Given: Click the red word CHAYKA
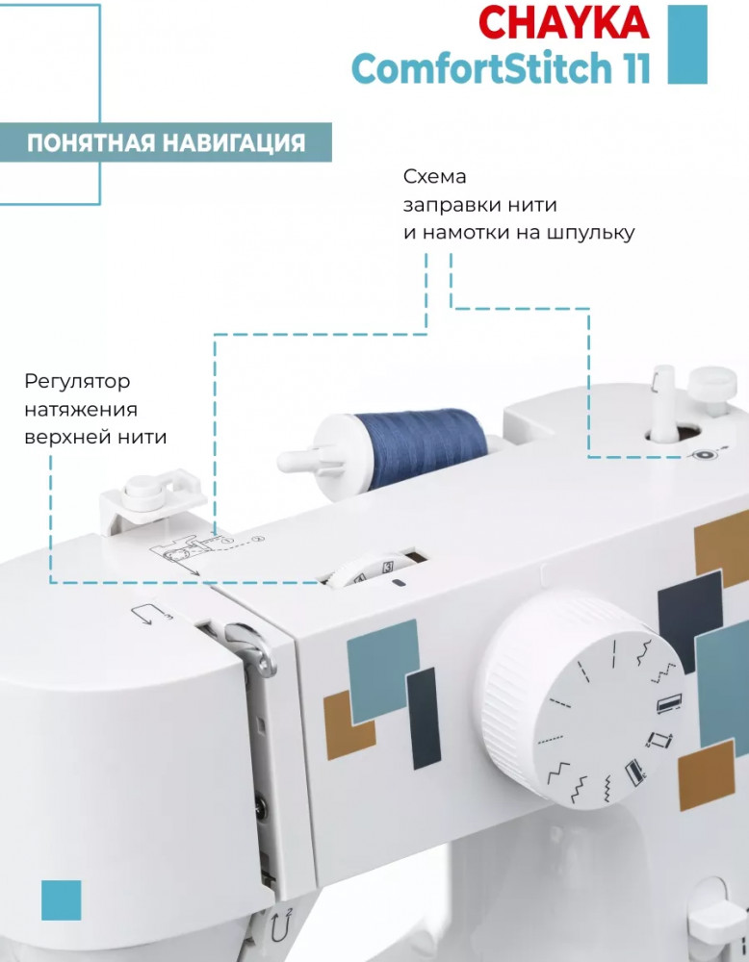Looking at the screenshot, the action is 563,23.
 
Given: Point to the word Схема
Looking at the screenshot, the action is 434,177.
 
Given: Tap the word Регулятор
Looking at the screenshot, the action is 77,382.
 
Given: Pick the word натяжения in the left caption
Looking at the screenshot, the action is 81,409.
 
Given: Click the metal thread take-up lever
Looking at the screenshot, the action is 250,647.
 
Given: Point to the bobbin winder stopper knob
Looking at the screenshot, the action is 712,386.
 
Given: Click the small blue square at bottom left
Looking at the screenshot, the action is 62,900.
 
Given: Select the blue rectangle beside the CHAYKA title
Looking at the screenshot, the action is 687,44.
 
